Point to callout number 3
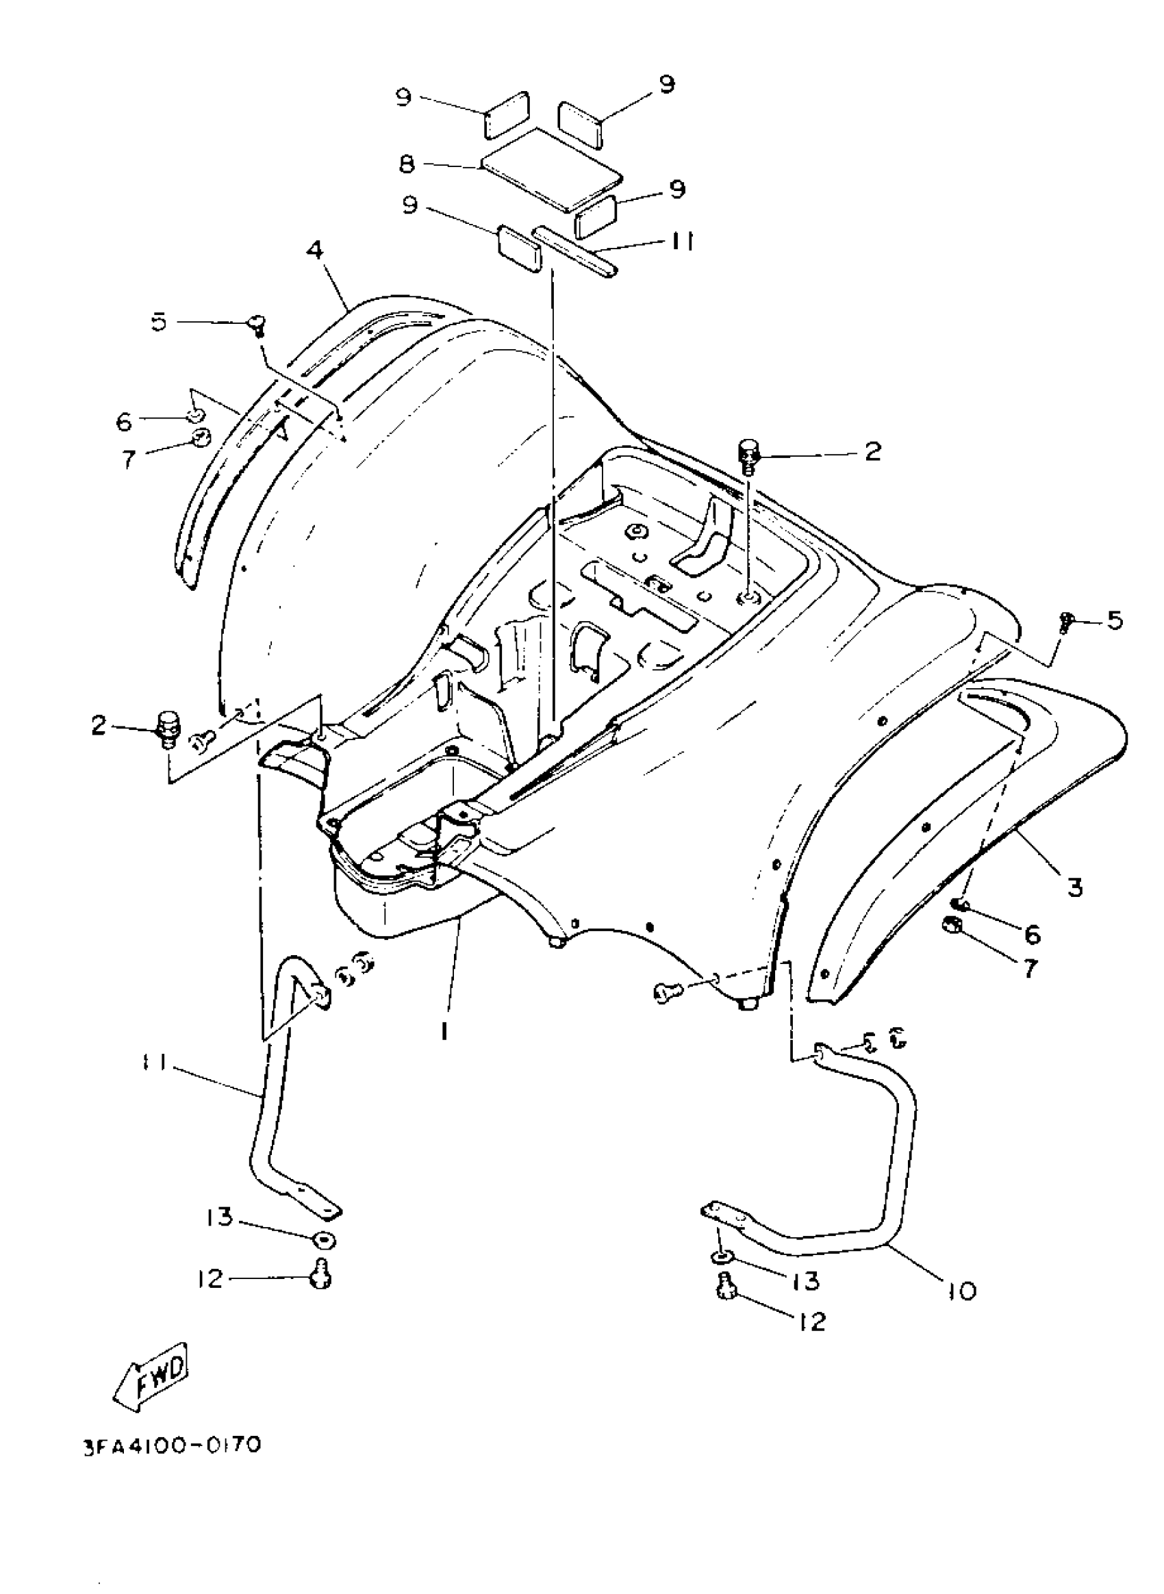point(1074,887)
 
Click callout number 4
point(315,249)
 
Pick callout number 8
point(407,164)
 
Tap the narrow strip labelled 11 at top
point(574,252)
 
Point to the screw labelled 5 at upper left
point(257,325)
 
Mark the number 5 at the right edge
point(1115,621)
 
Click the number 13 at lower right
point(805,1280)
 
